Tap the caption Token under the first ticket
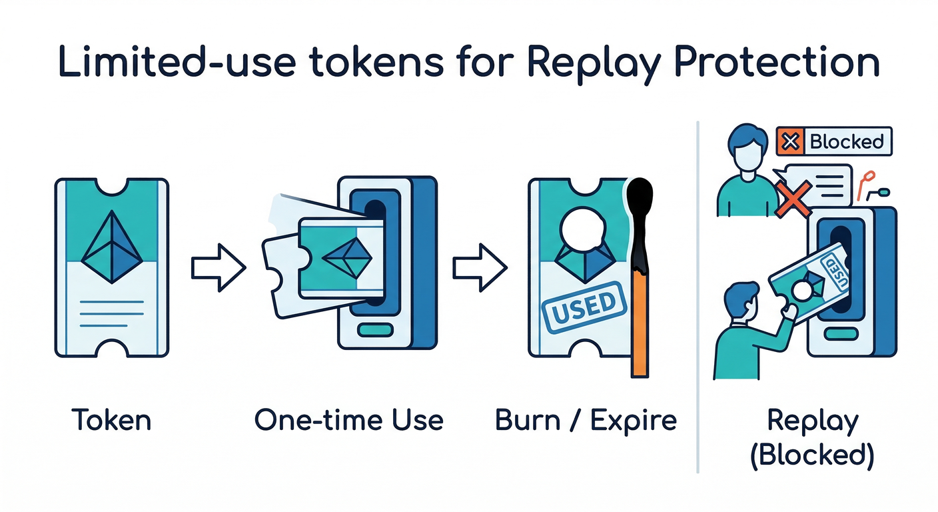coord(111,420)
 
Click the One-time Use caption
coord(348,420)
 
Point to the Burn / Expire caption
coord(586,420)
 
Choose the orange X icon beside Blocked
coord(791,141)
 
